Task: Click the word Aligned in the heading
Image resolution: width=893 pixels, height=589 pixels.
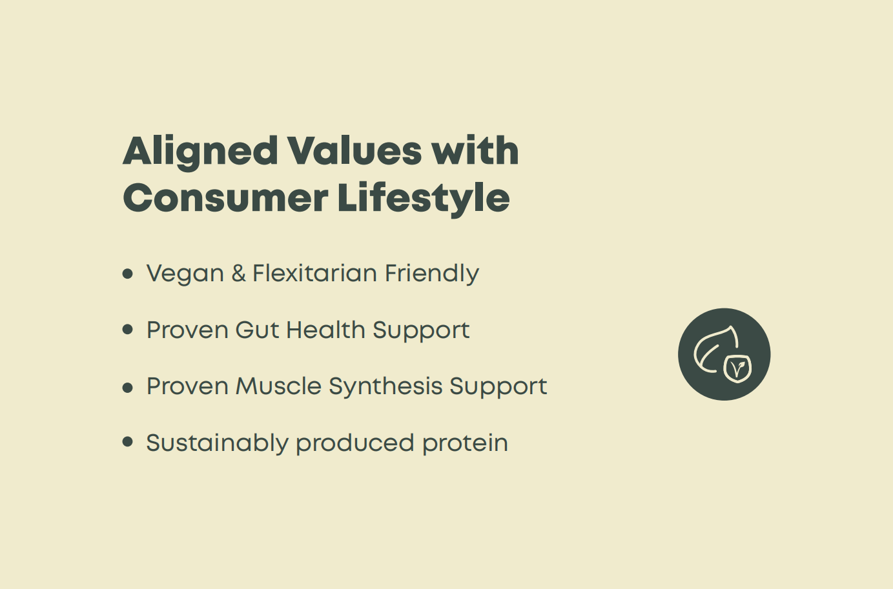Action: [x=200, y=153]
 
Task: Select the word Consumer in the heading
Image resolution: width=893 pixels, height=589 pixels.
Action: [x=225, y=197]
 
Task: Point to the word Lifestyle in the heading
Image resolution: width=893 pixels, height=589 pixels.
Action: [x=424, y=199]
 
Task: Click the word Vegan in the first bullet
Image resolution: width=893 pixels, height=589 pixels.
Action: [x=185, y=274]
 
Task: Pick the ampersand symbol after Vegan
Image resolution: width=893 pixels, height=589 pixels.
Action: [x=238, y=273]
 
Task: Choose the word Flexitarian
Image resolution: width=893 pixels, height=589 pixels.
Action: [x=314, y=273]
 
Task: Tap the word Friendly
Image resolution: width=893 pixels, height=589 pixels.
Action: [x=432, y=274]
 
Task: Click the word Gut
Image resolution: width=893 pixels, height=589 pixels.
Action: [x=257, y=330]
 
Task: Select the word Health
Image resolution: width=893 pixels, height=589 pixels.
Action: [x=325, y=330]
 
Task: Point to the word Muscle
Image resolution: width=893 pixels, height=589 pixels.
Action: [x=278, y=386]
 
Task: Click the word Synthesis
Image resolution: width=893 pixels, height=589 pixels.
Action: [x=385, y=387]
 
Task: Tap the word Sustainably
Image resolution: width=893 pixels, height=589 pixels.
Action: [x=217, y=444]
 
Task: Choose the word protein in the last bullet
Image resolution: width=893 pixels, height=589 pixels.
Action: [x=466, y=444]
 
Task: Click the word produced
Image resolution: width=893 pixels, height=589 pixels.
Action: [x=355, y=443]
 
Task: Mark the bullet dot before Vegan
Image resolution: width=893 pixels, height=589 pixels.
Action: [x=128, y=274]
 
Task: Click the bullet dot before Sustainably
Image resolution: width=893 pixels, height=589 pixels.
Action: [x=128, y=442]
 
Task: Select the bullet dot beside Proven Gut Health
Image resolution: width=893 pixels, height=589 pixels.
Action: [x=128, y=330]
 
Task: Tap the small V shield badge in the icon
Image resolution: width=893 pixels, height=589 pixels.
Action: [x=737, y=369]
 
